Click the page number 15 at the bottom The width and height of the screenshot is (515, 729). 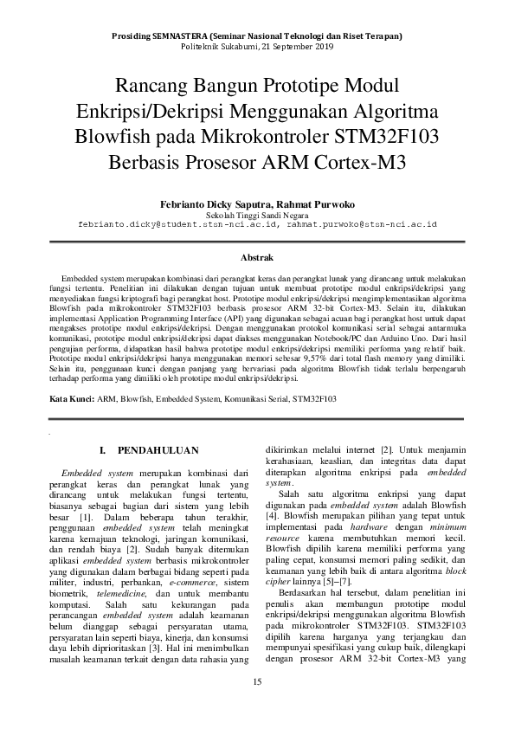(x=257, y=682)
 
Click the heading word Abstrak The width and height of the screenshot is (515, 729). (x=257, y=258)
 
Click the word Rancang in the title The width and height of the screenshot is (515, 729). (x=151, y=87)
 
